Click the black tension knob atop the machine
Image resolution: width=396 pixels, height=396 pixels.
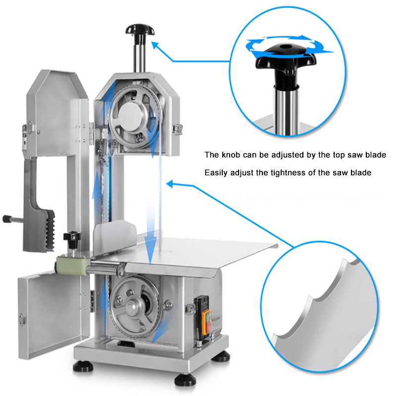click(140, 30)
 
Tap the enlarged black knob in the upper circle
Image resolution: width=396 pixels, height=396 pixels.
click(286, 60)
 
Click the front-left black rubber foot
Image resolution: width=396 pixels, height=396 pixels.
click(82, 367)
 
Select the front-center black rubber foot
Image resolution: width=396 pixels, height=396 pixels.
click(185, 380)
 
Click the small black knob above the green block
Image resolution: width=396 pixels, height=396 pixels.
click(72, 239)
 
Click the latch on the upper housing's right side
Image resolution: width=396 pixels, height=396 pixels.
click(177, 129)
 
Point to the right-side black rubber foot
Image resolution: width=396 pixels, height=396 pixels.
click(222, 357)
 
